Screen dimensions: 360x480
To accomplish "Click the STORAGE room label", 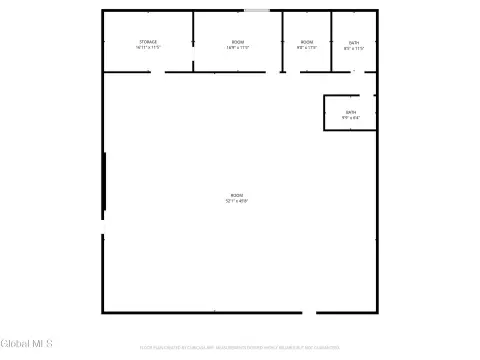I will [x=147, y=42].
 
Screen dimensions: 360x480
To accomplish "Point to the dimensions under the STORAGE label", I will [x=147, y=48].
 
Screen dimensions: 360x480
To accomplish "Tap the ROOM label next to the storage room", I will [x=237, y=42].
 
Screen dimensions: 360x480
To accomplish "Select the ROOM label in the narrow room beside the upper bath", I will [x=307, y=42].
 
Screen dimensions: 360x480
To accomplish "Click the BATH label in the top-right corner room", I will [x=354, y=42].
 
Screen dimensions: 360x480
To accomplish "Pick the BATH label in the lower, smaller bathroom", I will [x=350, y=112].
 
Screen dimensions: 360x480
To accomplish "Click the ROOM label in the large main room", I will [x=237, y=195].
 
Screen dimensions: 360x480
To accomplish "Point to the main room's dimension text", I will [x=237, y=201].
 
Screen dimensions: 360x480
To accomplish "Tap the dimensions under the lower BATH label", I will [x=350, y=118].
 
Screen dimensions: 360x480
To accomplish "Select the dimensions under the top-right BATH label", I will [x=354, y=48].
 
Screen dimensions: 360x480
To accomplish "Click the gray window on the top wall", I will [x=257, y=11].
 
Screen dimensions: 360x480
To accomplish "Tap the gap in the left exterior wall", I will [x=102, y=227].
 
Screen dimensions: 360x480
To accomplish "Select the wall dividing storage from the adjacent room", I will [x=193, y=40].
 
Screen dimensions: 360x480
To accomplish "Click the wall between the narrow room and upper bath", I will [x=331, y=40].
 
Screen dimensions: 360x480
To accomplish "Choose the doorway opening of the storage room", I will [x=158, y=72].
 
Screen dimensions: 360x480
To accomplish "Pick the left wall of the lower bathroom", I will [x=323, y=113].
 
